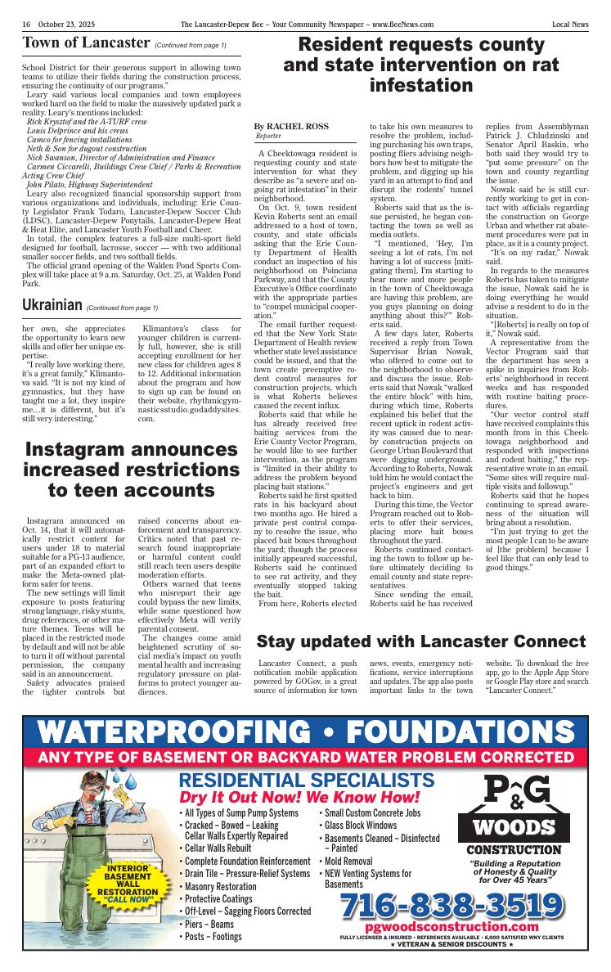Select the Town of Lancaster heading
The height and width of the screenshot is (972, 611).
pyautogui.click(x=85, y=43)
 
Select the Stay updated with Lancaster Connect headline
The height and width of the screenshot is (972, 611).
pyautogui.click(x=421, y=641)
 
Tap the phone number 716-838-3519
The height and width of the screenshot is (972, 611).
pyautogui.click(x=452, y=905)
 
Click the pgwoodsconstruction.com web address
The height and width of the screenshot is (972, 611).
pyautogui.click(x=452, y=926)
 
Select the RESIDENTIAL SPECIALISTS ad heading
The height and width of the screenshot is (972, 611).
pyautogui.click(x=306, y=780)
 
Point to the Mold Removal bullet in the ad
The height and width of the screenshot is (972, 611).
pyautogui.click(x=348, y=861)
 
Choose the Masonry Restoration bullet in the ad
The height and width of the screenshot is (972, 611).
pyautogui.click(x=220, y=886)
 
